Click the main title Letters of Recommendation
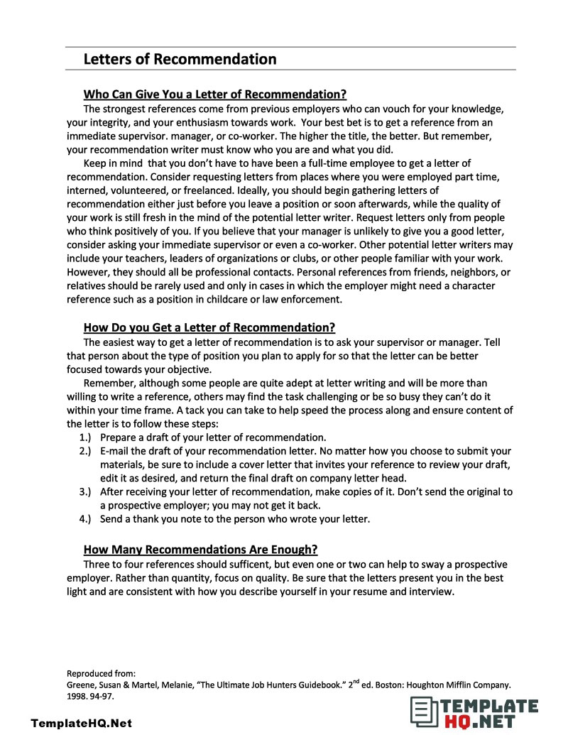click(180, 59)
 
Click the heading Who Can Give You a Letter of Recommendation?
click(214, 94)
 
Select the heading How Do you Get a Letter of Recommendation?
click(209, 327)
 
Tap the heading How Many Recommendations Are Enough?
click(200, 550)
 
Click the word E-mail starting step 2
click(116, 451)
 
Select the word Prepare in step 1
click(120, 437)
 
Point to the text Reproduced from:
click(101, 673)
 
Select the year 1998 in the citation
click(77, 697)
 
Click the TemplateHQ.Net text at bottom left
click(82, 723)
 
